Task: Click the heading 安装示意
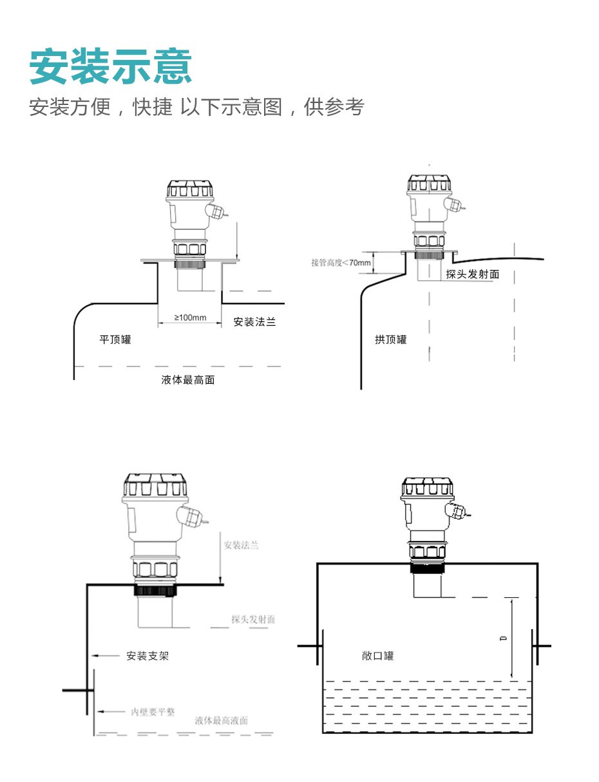(x=111, y=66)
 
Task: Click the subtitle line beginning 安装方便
(x=196, y=107)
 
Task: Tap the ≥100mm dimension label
(x=190, y=318)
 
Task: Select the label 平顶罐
(x=115, y=339)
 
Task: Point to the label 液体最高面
(x=188, y=380)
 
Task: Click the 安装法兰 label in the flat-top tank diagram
(x=254, y=322)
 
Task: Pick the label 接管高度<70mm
(x=341, y=263)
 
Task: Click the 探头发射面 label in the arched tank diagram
(x=473, y=274)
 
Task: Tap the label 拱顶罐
(x=391, y=339)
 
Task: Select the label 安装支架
(x=147, y=656)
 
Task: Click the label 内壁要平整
(x=153, y=712)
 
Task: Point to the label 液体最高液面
(x=222, y=721)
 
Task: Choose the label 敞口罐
(x=378, y=656)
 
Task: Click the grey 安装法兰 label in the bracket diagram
(x=241, y=546)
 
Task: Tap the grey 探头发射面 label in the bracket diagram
(x=253, y=620)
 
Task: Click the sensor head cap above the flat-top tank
(x=189, y=190)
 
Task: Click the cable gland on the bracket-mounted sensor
(x=193, y=516)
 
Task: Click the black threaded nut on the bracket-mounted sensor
(x=155, y=590)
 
